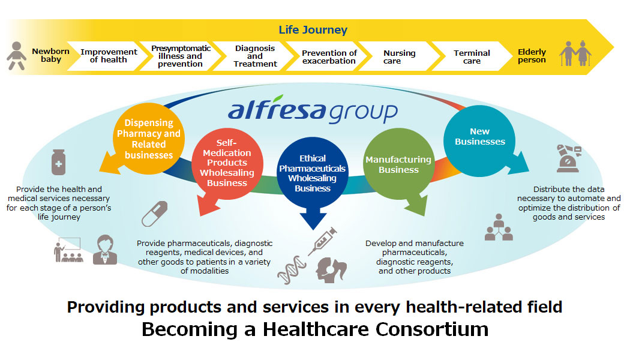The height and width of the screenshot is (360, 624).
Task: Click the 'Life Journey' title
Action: pyautogui.click(x=313, y=30)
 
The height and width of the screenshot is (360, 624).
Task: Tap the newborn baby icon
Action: pyautogui.click(x=16, y=56)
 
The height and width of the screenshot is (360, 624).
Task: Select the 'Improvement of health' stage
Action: pyautogui.click(x=108, y=56)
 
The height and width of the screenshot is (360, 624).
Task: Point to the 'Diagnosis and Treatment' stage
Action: pyautogui.click(x=255, y=56)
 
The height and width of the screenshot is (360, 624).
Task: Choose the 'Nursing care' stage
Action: pyautogui.click(x=399, y=56)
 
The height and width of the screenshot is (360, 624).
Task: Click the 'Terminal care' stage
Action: pyautogui.click(x=472, y=56)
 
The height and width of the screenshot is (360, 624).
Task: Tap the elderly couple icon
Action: pyautogui.click(x=575, y=53)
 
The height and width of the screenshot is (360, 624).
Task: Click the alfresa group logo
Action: pyautogui.click(x=313, y=109)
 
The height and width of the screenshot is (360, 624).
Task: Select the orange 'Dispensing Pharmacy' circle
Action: pyautogui.click(x=148, y=139)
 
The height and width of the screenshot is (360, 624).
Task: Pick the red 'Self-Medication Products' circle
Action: pyautogui.click(x=227, y=163)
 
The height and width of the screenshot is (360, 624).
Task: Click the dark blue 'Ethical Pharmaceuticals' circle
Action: pyautogui.click(x=313, y=173)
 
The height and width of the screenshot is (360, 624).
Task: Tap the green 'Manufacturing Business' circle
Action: pyautogui.click(x=399, y=164)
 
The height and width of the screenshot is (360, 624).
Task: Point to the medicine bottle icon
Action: pyautogui.click(x=59, y=162)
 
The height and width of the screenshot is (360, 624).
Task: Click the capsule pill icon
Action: pyautogui.click(x=154, y=214)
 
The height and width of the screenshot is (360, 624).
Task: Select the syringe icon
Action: pyautogui.click(x=322, y=241)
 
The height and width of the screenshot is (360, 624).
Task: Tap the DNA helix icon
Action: pyautogui.click(x=292, y=270)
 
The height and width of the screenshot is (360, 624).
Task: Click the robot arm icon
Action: pyautogui.click(x=568, y=158)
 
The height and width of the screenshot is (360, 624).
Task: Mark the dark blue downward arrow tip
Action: pyautogui.click(x=313, y=229)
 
